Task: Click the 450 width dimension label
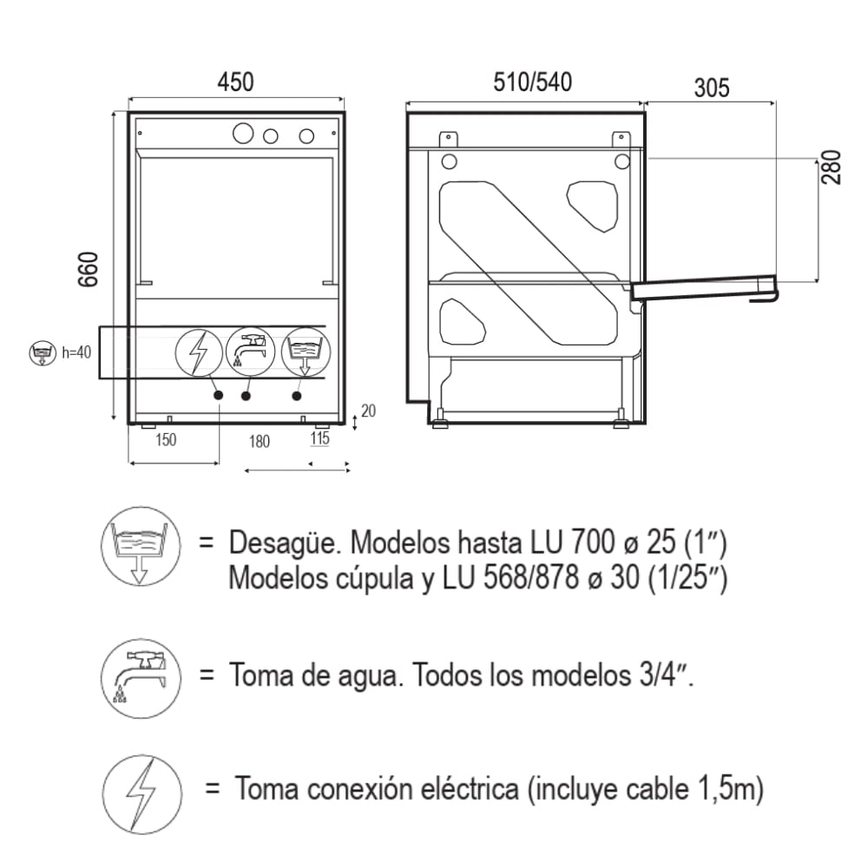click(235, 82)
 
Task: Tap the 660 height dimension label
click(89, 269)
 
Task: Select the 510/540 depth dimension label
click(533, 82)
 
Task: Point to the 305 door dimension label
click(712, 88)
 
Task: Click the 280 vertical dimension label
click(832, 168)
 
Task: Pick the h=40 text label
click(76, 352)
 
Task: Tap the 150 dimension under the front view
click(166, 440)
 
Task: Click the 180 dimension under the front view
click(259, 442)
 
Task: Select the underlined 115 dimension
click(319, 438)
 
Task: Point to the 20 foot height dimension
click(368, 411)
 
